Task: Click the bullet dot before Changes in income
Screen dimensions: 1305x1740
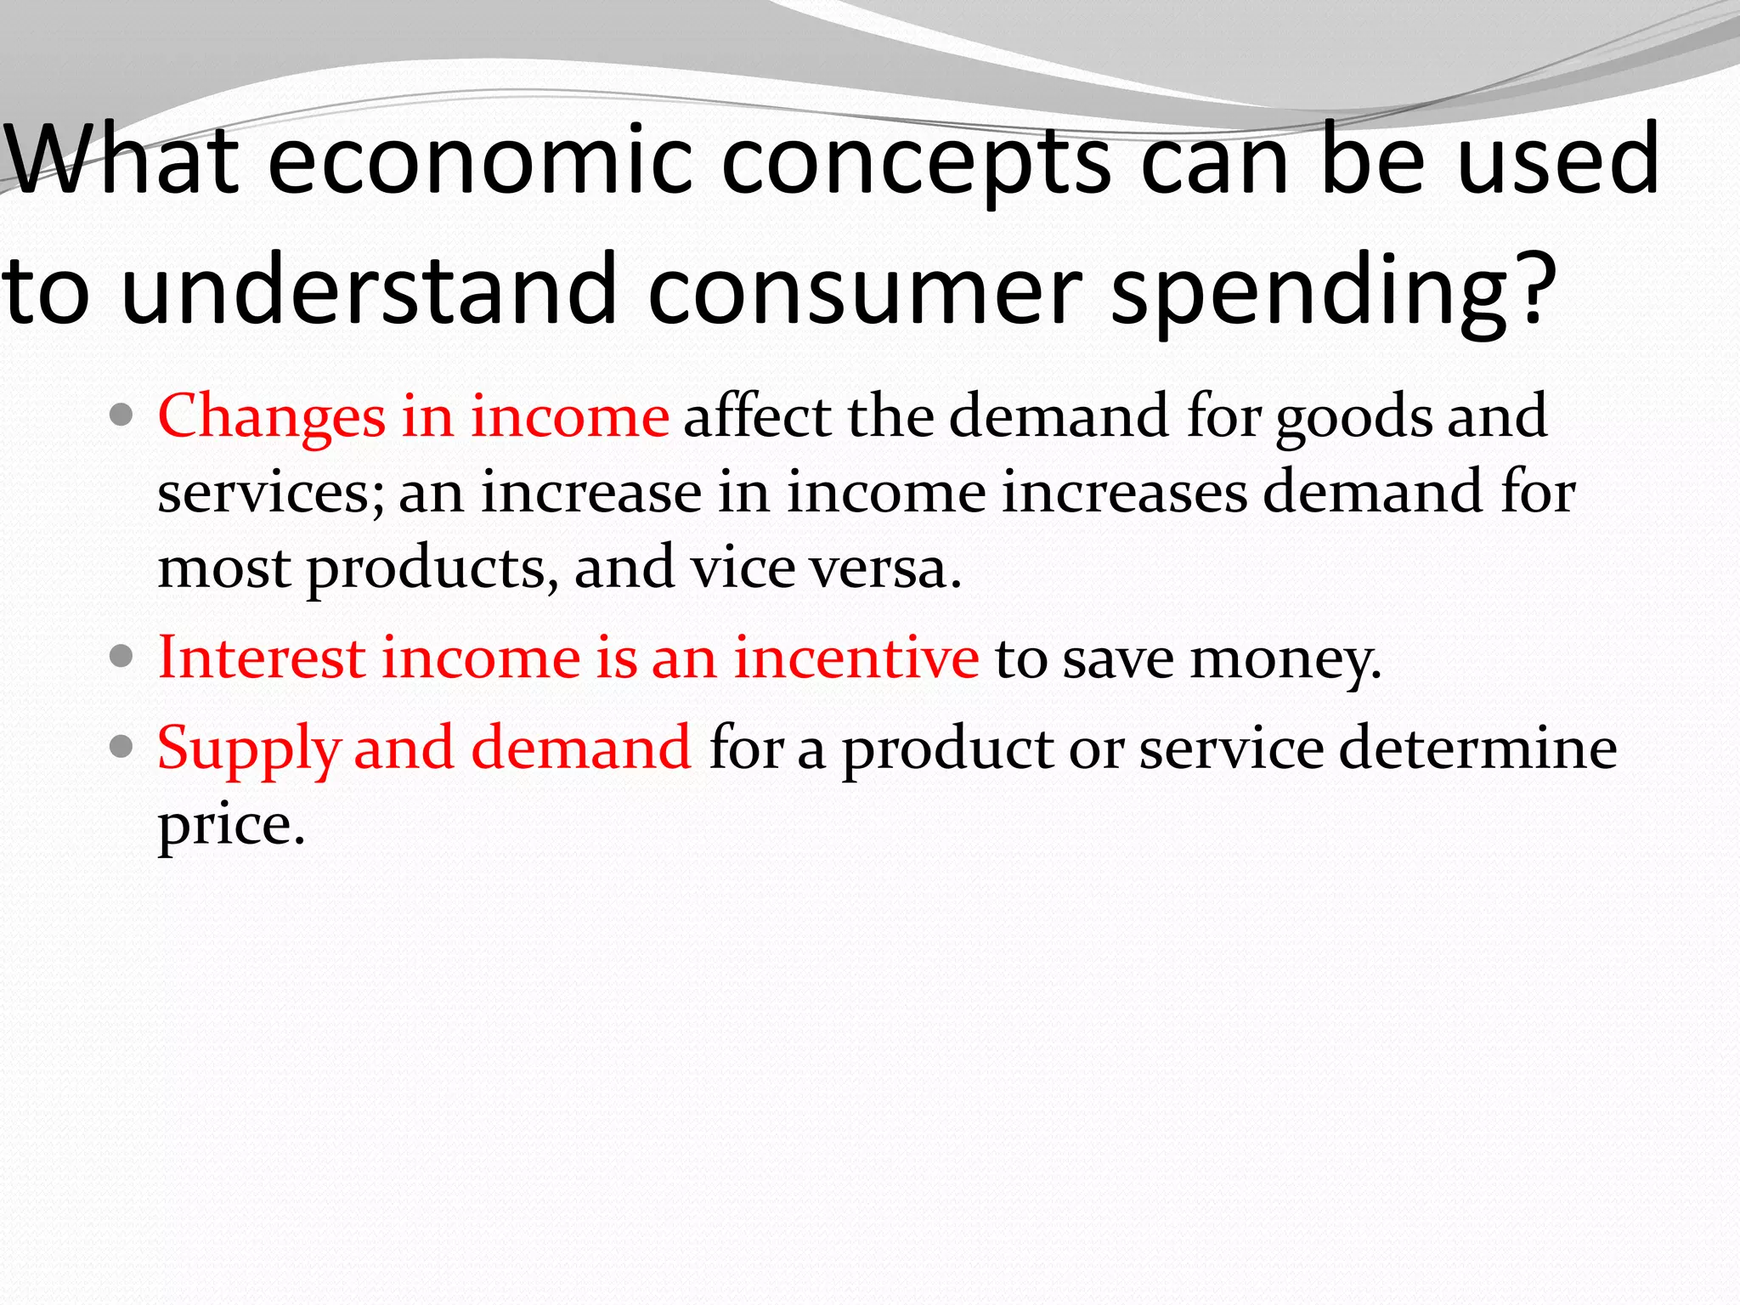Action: pyautogui.click(x=122, y=415)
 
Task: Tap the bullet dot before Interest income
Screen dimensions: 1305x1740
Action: pyautogui.click(x=122, y=656)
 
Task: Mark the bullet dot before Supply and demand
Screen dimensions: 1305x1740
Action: pyautogui.click(x=122, y=747)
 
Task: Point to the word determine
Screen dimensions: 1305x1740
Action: pyautogui.click(x=1477, y=748)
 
